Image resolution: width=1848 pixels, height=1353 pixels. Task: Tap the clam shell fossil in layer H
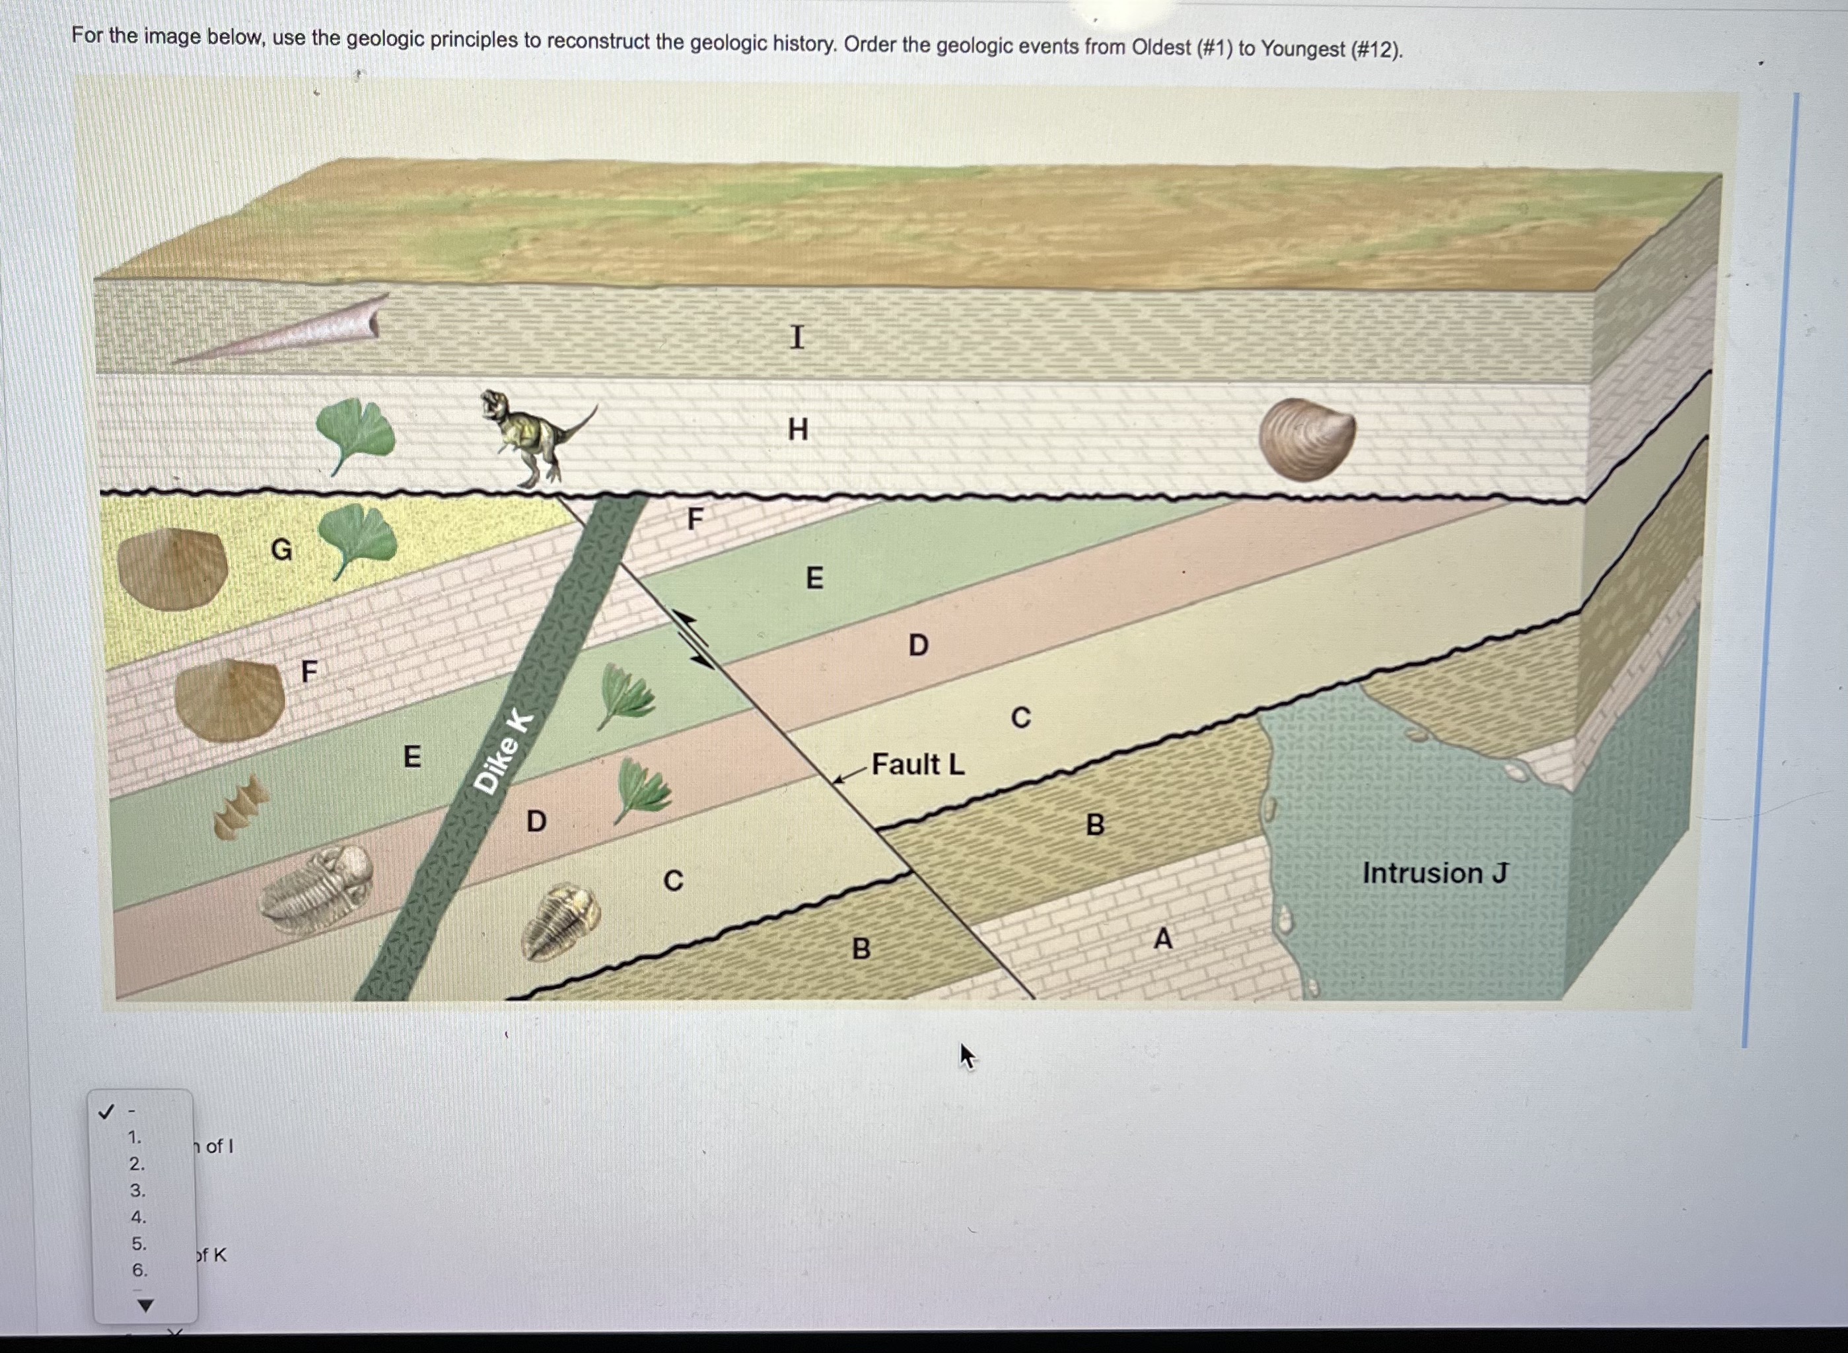click(1306, 438)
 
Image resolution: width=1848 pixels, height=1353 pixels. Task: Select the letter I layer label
click(797, 337)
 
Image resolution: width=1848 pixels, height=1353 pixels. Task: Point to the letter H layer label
click(797, 429)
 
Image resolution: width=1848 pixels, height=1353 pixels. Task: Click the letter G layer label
click(281, 549)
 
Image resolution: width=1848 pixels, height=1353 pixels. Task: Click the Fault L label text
click(917, 764)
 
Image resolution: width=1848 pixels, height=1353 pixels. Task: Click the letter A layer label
click(1162, 938)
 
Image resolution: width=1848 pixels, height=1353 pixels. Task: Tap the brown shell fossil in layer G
click(172, 569)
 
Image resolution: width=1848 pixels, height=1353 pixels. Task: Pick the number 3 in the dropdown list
click(137, 1191)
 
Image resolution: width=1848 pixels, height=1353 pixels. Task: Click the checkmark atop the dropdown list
click(106, 1112)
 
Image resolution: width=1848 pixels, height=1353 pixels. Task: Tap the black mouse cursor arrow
click(966, 1056)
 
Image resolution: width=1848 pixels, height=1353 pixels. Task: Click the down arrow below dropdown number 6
click(144, 1305)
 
